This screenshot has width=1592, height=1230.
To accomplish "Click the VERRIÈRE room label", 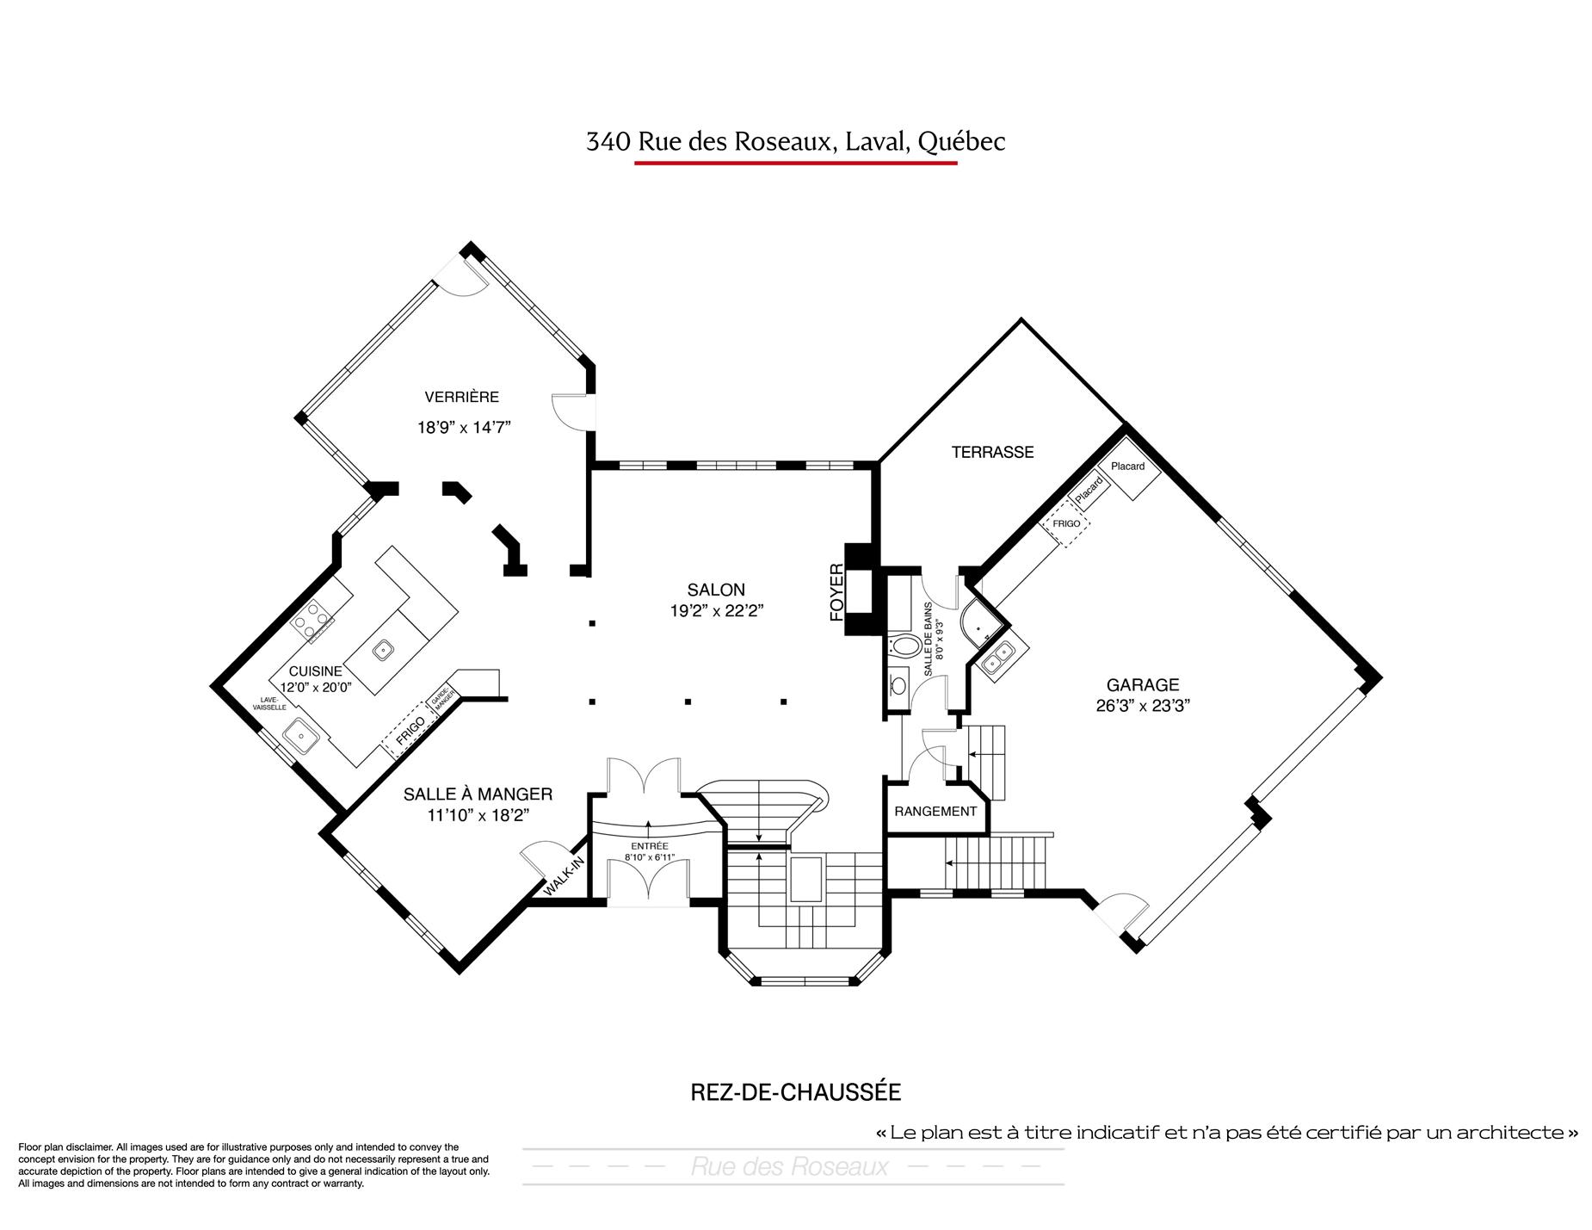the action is tap(461, 397).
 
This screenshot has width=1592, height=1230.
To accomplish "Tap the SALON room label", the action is tap(716, 590).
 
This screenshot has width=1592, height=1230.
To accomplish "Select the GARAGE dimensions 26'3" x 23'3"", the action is tap(1143, 706).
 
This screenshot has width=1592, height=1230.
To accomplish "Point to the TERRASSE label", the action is tap(992, 452).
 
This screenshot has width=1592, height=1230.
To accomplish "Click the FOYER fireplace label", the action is tap(836, 592).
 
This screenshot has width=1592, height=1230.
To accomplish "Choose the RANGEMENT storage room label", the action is tap(935, 811).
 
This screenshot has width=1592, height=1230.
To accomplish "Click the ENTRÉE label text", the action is tap(649, 846).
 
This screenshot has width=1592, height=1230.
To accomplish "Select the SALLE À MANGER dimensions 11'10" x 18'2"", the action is tap(478, 815).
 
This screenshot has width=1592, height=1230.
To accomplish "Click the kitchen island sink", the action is tap(383, 648).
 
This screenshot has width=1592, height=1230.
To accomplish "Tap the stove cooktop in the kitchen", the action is tap(312, 620).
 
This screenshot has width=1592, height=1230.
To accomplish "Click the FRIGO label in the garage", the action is tap(1066, 523).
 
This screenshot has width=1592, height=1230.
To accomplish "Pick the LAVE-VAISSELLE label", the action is tap(269, 703).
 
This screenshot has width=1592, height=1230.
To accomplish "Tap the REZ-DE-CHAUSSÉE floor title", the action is tap(796, 1092).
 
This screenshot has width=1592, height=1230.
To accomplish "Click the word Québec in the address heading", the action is tap(961, 141).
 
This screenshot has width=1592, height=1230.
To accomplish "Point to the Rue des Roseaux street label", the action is tap(789, 1166).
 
